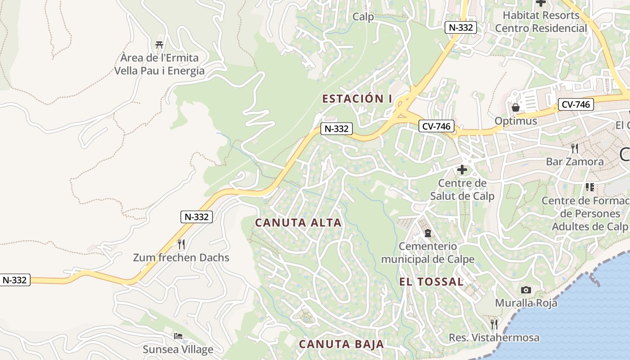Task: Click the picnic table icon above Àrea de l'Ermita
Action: [x=159, y=45]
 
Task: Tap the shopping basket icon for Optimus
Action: [x=516, y=108]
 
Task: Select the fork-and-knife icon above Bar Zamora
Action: [x=575, y=148]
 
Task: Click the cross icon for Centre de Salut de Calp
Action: [x=462, y=170]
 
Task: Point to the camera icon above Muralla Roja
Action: [x=526, y=290]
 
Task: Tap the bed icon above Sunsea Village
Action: [x=178, y=336]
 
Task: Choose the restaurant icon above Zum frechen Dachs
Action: [x=181, y=244]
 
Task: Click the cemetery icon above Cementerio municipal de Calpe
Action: [x=427, y=233]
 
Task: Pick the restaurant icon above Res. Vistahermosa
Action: [x=494, y=324]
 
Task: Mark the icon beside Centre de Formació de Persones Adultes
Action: [x=589, y=187]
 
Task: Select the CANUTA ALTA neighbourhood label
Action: [x=298, y=223]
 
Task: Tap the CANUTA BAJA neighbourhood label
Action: [x=342, y=344]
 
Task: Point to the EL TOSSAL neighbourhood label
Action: [x=432, y=282]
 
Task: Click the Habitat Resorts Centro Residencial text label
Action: [x=541, y=22]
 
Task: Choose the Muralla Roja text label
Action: [x=526, y=303]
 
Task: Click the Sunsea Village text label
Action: [x=178, y=349]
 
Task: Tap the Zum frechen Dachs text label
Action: [x=181, y=258]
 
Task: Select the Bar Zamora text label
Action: [x=575, y=162]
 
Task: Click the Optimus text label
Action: [x=516, y=121]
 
